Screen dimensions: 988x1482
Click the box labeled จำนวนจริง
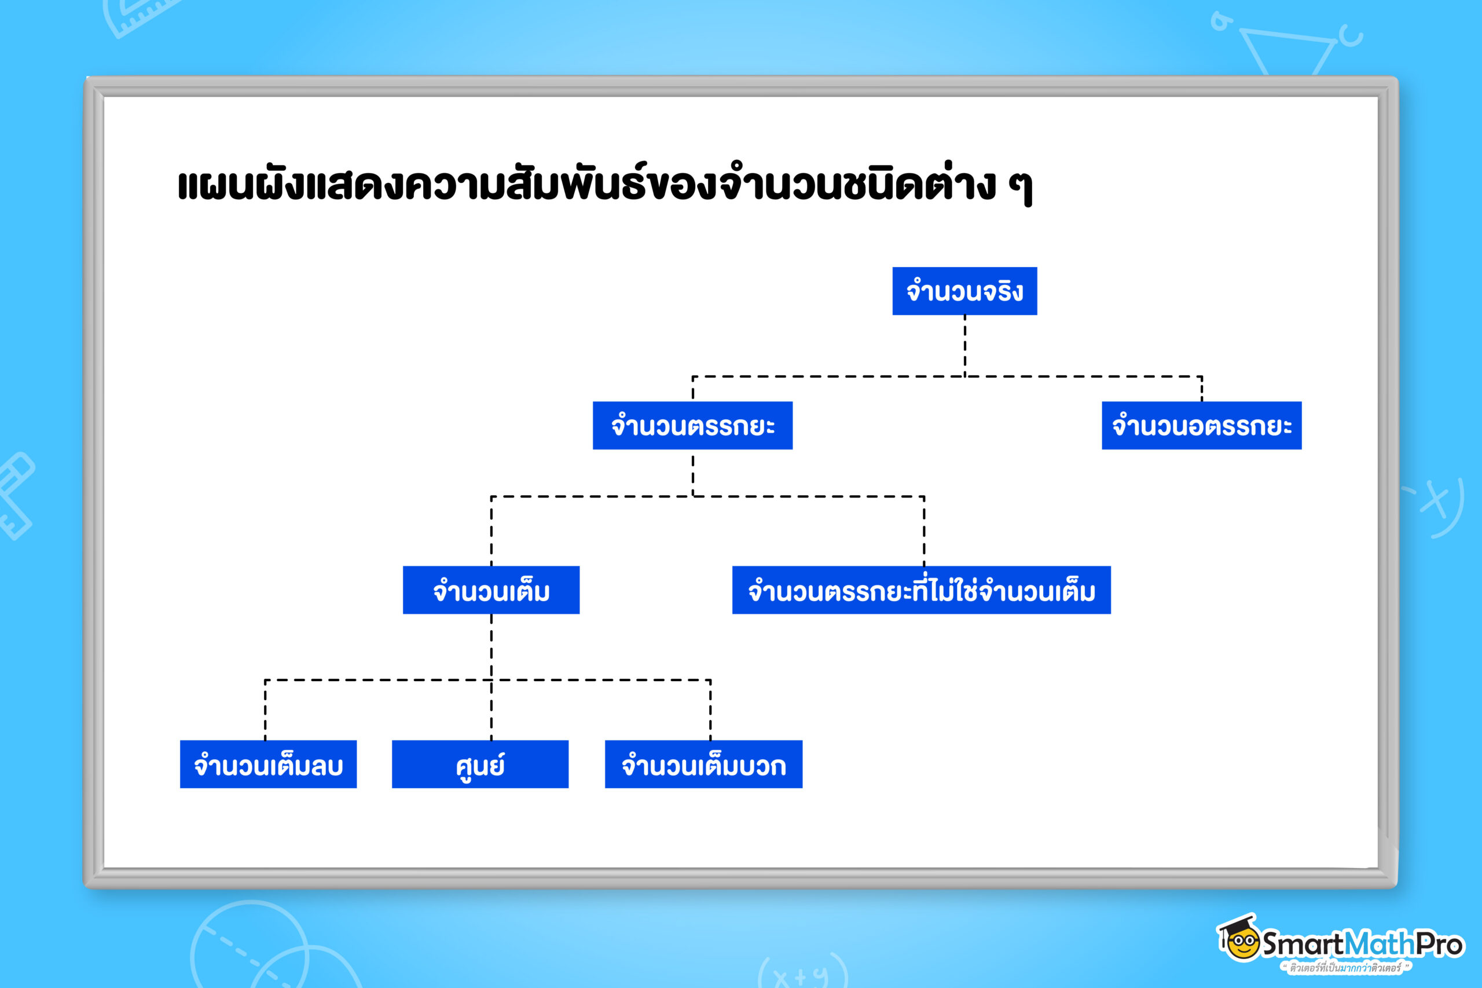964,291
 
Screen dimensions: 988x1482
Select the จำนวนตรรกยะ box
692,425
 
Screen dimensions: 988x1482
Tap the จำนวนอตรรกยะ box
1201,425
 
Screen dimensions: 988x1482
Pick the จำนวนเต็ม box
491,590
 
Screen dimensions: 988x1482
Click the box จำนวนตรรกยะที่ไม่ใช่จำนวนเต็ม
921,590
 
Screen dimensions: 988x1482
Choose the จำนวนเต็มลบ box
267,764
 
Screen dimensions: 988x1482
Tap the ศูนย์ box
480,764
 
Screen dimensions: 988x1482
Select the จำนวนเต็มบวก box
703,764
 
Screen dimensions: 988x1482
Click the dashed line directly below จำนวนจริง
964,345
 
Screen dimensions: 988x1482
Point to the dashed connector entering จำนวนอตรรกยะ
1201,389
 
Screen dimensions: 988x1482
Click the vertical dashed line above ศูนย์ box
491,712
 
